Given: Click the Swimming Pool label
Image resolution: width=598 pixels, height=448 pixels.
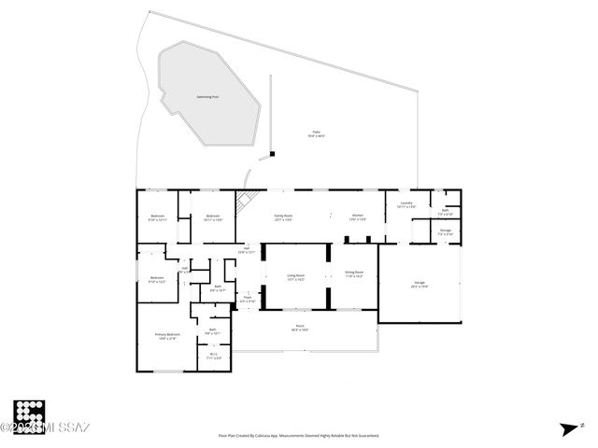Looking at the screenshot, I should point(207,96).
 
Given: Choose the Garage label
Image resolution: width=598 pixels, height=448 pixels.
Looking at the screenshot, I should point(420,284).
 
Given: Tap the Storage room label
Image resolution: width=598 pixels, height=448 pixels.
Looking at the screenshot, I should point(446,231).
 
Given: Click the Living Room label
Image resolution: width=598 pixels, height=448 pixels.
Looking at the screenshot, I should point(295,276).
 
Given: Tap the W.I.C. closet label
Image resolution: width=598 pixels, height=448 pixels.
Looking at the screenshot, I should point(213,355).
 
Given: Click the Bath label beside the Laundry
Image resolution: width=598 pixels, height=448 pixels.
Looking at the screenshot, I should point(446,212).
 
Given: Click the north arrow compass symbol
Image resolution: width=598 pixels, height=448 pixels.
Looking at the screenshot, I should point(569,428).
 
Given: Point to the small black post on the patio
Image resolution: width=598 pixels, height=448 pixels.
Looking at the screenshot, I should point(272,154).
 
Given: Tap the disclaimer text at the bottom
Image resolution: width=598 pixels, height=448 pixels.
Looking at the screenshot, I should point(299,435).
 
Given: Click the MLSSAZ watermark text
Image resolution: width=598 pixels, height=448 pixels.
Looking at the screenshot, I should point(47,428).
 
